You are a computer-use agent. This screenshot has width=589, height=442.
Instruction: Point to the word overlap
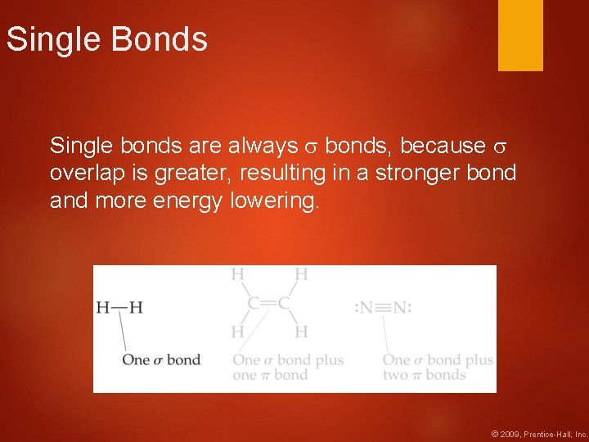coord(85,174)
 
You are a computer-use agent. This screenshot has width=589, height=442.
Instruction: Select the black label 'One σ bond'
coord(160,359)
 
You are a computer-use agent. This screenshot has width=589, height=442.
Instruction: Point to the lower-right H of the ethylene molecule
coord(301,331)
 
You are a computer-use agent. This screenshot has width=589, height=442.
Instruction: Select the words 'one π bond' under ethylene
coord(270,375)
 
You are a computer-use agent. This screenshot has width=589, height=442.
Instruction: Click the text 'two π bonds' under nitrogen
coord(424,375)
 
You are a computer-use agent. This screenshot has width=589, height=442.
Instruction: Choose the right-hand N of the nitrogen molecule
coord(401,308)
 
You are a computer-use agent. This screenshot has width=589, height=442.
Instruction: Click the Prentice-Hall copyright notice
coord(538,433)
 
